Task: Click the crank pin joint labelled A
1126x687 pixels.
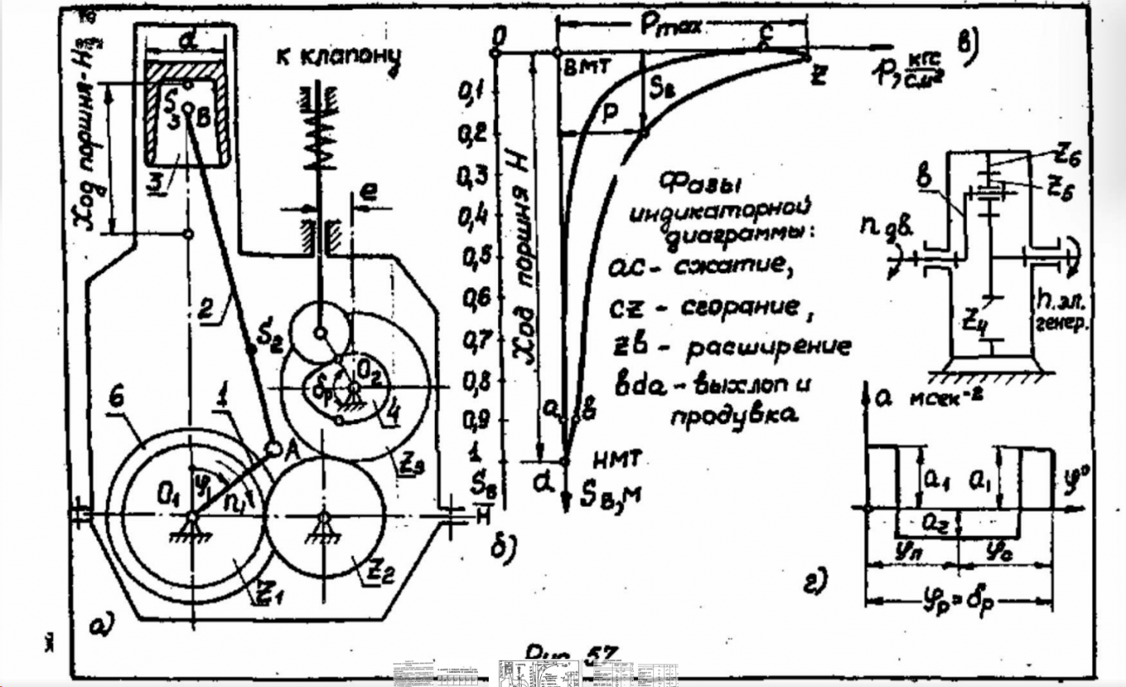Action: pos(274,448)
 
